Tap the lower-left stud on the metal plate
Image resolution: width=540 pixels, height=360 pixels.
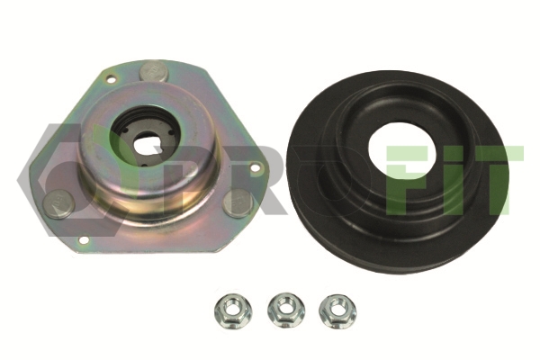point(58,204)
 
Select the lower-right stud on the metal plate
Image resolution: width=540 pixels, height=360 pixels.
point(238,203)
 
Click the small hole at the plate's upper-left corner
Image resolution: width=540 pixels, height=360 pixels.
point(111,80)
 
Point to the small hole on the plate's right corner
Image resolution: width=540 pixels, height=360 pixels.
point(255,168)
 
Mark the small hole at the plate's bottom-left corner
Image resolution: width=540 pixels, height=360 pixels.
point(84,239)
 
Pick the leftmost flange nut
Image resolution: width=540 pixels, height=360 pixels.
point(233,311)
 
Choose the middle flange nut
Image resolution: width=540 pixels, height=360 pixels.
point(286,310)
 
